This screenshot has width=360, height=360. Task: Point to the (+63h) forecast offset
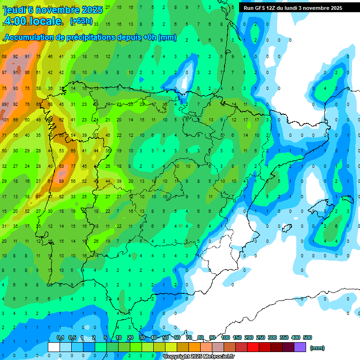coord(80,21)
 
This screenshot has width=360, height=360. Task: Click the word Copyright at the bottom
coord(177,357)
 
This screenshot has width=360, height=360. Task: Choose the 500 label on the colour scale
coord(307,337)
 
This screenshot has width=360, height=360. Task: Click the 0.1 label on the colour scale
coord(60,337)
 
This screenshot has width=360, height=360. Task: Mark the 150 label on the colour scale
coord(237,337)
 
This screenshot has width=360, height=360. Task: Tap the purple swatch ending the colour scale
coord(300,347)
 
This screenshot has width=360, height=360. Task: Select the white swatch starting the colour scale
coord(54,347)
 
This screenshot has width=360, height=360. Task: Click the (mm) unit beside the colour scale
coord(317,348)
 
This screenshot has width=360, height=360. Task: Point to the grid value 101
coord(5,120)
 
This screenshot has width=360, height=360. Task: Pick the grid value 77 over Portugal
coord(73,166)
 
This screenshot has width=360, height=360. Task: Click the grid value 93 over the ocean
coord(16,88)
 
